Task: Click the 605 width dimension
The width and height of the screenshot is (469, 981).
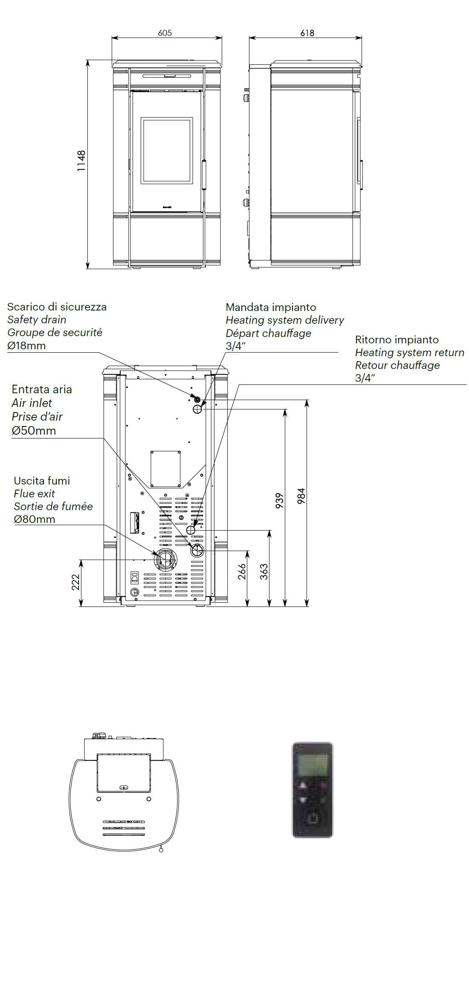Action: coord(165,33)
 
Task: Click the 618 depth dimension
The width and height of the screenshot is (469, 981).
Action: coord(307,33)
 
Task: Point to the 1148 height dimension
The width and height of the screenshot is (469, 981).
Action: coord(81,161)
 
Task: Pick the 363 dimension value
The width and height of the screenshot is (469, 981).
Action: coord(264,572)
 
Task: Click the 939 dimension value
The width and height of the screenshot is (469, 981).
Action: coord(280,500)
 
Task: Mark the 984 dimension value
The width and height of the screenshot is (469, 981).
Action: coord(301,496)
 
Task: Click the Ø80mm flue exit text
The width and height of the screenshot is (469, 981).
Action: coord(35,519)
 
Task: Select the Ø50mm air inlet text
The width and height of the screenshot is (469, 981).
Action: coord(34,430)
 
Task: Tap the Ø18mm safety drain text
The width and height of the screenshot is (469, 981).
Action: coord(26,345)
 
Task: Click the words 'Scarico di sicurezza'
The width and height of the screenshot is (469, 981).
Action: coord(57,307)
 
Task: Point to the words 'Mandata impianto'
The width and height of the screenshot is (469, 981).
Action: coord(271,307)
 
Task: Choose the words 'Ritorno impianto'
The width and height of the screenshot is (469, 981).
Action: coord(397,340)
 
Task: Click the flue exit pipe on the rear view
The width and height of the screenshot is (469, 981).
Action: coord(165,560)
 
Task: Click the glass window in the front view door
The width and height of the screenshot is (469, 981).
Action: coord(167,150)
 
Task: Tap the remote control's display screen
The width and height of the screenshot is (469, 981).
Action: coord(313,765)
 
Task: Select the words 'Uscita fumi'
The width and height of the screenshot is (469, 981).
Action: coord(42,481)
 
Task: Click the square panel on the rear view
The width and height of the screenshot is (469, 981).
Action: coord(165,468)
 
